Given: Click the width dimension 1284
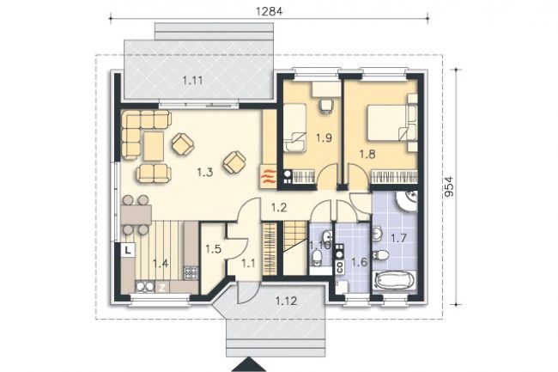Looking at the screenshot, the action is tap(269, 11).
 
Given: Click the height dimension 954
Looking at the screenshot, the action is tap(450, 186).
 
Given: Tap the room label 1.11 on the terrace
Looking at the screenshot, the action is tap(193, 81).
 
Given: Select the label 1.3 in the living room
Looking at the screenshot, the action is tap(205, 173).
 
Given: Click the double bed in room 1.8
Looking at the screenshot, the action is tap(387, 122).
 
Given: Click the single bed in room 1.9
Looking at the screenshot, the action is tap(294, 127).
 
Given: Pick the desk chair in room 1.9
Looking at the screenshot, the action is tap(326, 105).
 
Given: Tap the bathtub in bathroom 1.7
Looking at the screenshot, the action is tap(393, 281).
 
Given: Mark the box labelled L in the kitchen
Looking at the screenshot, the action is tap(128, 249).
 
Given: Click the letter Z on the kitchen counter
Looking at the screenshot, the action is tap(162, 288).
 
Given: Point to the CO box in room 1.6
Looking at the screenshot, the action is tap(339, 267).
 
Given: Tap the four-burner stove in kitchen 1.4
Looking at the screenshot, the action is tap(191, 272).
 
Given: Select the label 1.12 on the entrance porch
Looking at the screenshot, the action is tap(286, 302).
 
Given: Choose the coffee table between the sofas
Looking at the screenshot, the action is tap(154, 146).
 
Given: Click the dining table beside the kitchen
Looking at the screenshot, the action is tap(136, 215).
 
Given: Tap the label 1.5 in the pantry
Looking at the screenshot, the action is tap(213, 249).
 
